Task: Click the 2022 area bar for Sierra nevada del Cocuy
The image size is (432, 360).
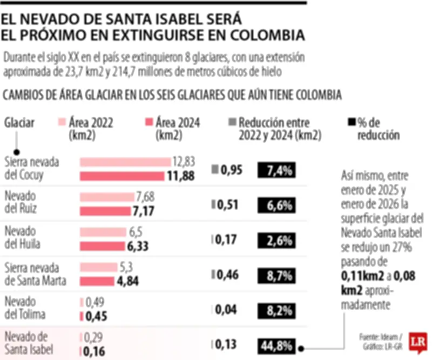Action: (x=125, y=162)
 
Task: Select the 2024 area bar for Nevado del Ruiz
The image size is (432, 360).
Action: (x=105, y=211)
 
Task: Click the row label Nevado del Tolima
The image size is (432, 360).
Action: (x=25, y=308)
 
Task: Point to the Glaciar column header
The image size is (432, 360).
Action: (x=19, y=123)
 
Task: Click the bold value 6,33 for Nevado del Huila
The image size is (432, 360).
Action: (x=138, y=246)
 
